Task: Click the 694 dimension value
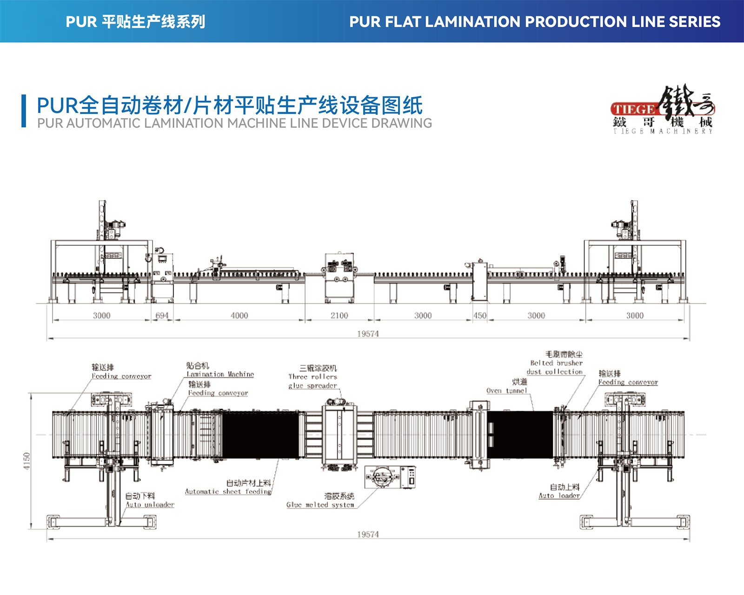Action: tap(162, 316)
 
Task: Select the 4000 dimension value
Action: tap(239, 316)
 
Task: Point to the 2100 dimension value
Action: tap(339, 316)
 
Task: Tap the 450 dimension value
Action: tap(479, 316)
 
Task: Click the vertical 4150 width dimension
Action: tap(27, 461)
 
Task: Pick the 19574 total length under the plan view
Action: tap(368, 535)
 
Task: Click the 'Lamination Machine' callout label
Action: tap(220, 374)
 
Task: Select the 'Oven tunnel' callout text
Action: tap(507, 391)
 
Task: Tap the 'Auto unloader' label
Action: tap(150, 505)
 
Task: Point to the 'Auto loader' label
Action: tap(559, 496)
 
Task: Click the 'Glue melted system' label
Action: tap(320, 505)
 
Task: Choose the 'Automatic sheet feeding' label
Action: tap(228, 491)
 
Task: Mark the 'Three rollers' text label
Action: tap(312, 377)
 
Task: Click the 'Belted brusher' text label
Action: tap(556, 363)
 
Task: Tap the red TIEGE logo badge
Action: tap(634, 110)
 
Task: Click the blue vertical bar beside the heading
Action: tap(24, 111)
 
